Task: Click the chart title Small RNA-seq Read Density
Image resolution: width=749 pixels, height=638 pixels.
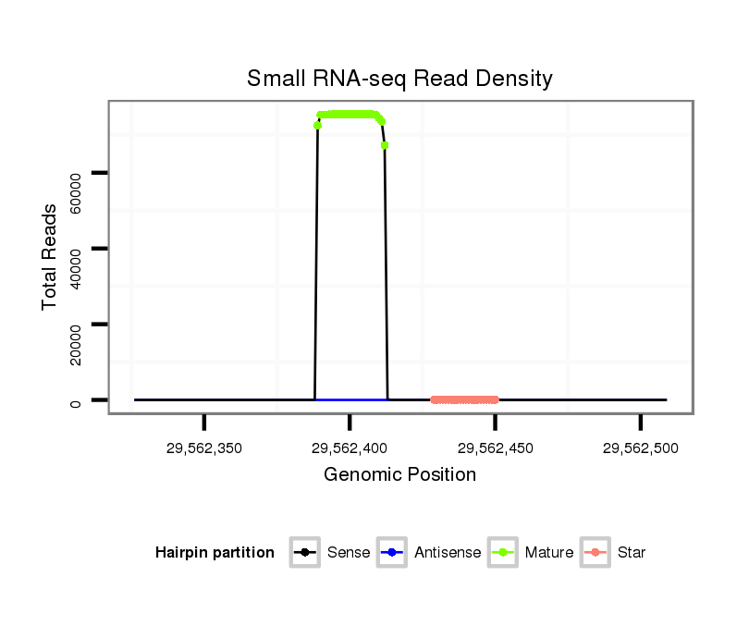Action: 399,79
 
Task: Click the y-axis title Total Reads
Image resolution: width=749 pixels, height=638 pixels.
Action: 50,256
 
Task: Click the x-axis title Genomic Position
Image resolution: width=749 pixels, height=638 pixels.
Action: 399,475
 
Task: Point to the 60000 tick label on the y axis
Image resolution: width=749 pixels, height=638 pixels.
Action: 76,191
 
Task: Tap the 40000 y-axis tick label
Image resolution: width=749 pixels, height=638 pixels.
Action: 76,267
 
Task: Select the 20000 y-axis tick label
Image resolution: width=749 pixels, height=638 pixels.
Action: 76,343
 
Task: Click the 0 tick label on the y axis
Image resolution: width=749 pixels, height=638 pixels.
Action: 76,400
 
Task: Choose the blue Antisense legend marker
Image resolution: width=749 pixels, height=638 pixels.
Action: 392,553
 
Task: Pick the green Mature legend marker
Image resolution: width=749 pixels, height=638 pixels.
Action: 502,553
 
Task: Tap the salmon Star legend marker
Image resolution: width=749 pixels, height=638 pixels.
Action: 596,553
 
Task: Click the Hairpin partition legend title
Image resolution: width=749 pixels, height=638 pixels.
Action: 215,553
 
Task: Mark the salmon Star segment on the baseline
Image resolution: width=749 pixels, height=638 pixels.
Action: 464,400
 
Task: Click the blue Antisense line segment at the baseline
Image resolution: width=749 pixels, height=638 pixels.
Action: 351,399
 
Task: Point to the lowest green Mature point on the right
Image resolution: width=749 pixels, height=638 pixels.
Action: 384,145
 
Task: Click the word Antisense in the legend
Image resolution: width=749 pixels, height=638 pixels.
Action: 448,553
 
